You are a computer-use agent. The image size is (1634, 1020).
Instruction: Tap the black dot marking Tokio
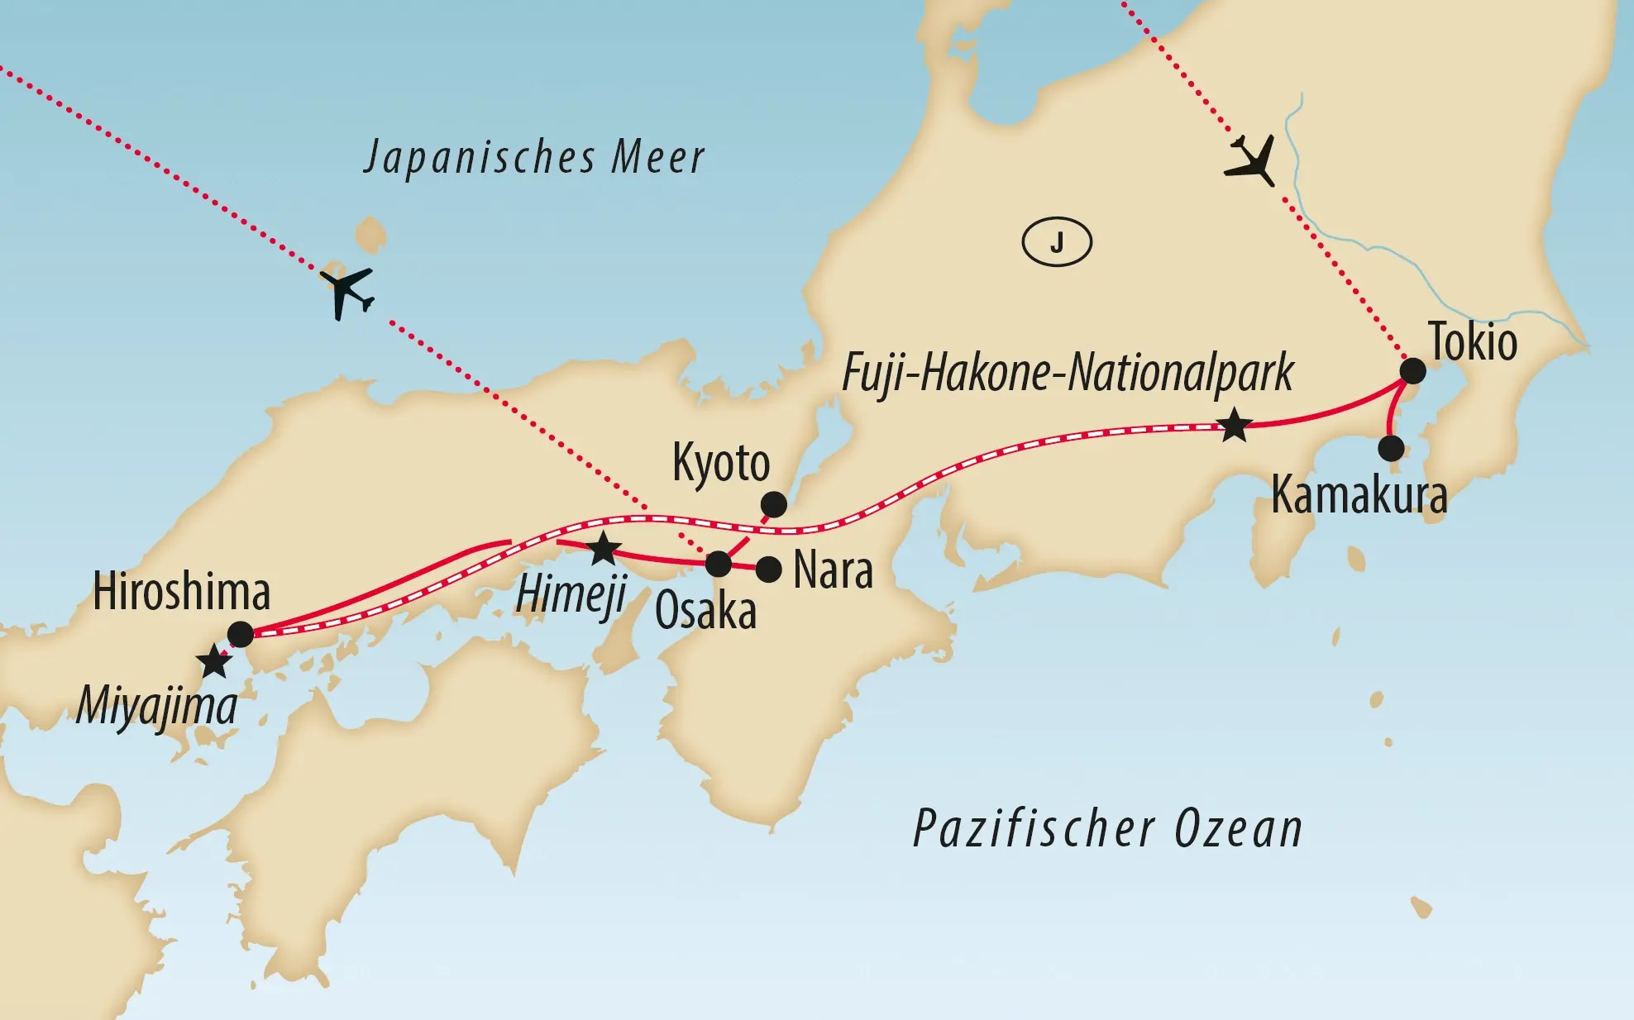pos(1412,371)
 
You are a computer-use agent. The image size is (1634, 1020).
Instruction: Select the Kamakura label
pos(1359,495)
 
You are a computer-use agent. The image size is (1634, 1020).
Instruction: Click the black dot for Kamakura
pos(1391,448)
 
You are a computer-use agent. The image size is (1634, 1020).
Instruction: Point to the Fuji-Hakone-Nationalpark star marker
pos(1235,426)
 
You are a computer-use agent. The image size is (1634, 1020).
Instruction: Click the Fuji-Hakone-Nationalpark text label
pos(1068,373)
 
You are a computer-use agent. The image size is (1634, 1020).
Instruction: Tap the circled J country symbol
pos(1057,242)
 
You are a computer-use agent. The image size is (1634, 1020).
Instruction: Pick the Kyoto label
pos(721,463)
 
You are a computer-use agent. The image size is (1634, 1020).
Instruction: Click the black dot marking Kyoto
pos(774,503)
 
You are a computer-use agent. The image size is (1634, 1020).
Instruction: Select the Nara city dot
pos(769,570)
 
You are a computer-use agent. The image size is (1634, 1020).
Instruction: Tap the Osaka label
pos(705,612)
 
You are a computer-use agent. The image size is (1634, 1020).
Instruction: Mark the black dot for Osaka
pos(719,565)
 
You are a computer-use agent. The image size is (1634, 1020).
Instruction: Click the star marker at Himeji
pos(603,548)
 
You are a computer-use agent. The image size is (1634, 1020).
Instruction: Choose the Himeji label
pos(571,593)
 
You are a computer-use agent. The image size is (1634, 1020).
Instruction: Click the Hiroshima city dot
pos(241,634)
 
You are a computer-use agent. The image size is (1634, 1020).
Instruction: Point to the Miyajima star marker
pos(214,661)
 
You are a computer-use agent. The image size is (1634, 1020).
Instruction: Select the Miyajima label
pos(156,707)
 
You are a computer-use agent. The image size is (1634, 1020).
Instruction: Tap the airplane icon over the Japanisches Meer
pos(347,291)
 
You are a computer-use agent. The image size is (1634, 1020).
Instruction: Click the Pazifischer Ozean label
pos(1107,829)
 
